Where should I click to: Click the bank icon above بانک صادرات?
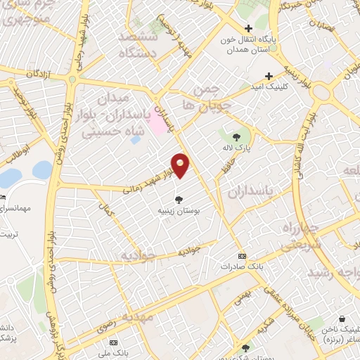pos(243,255)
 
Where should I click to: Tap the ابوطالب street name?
pos(17,153)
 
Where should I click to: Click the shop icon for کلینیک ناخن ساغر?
pos(342,319)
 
